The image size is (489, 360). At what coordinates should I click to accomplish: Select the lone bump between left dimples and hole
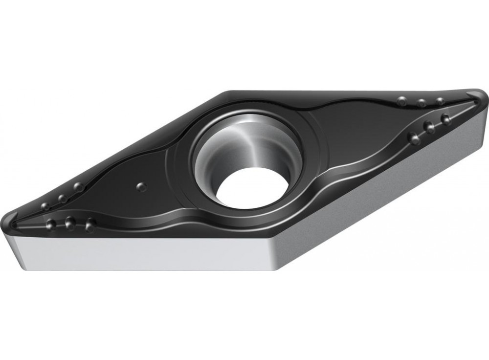[x=141, y=186]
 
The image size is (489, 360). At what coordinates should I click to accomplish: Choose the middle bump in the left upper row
[x=62, y=198]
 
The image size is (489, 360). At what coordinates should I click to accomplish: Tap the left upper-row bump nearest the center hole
[x=78, y=187]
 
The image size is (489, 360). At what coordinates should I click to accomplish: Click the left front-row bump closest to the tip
[x=51, y=225]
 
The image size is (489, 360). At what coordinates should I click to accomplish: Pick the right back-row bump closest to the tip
[x=440, y=101]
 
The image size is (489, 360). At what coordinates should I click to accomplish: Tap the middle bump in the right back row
[x=422, y=103]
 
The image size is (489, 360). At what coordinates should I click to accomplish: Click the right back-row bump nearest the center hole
[x=402, y=101]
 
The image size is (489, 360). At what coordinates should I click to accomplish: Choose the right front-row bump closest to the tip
[x=445, y=119]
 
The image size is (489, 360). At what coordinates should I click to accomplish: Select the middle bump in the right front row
[x=429, y=128]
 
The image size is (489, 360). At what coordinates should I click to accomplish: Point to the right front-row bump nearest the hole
[x=415, y=139]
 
